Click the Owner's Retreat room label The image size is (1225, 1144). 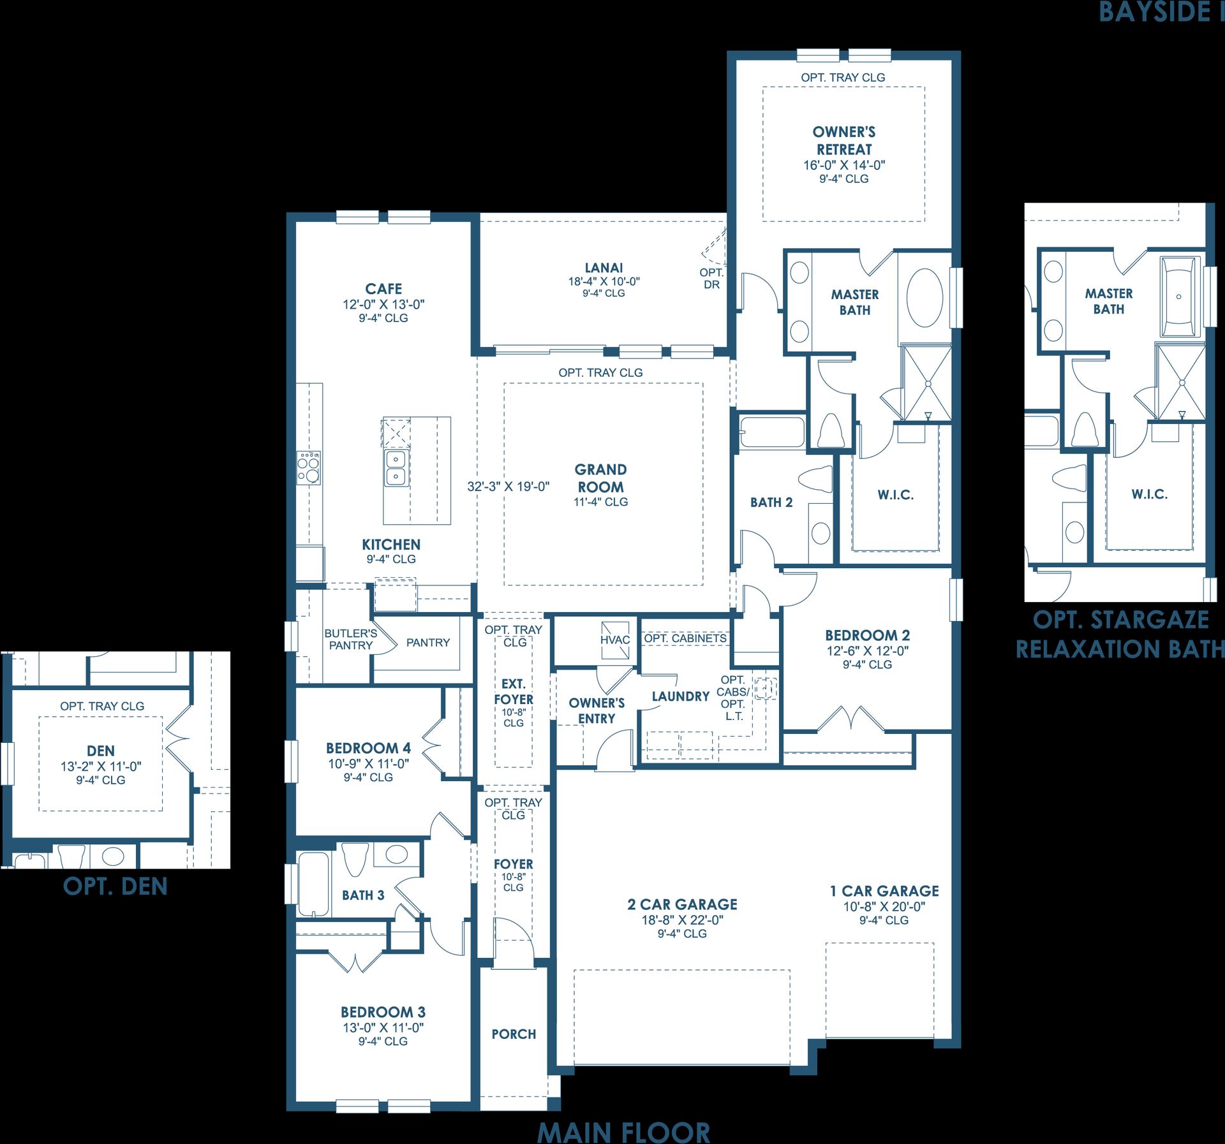[x=844, y=141]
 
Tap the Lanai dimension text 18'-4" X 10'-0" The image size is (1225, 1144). [x=604, y=281]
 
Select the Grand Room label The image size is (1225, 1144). [x=600, y=478]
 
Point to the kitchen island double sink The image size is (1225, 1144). [x=396, y=468]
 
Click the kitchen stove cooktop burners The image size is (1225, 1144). [x=309, y=467]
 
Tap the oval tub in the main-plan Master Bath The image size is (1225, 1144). [x=924, y=298]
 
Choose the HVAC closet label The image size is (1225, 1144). [x=614, y=640]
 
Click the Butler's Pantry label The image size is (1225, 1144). [x=350, y=640]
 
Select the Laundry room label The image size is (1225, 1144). [x=681, y=696]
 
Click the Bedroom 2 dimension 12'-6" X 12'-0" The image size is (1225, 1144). [x=867, y=651]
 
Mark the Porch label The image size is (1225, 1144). [x=514, y=1034]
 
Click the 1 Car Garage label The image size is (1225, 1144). [x=884, y=891]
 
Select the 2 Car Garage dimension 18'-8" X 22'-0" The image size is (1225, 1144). [x=682, y=920]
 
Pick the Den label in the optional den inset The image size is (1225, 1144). [x=101, y=751]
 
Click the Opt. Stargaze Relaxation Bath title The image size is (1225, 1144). [x=1120, y=634]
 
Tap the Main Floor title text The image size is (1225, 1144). [x=623, y=1131]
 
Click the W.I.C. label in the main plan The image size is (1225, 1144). [x=895, y=495]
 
